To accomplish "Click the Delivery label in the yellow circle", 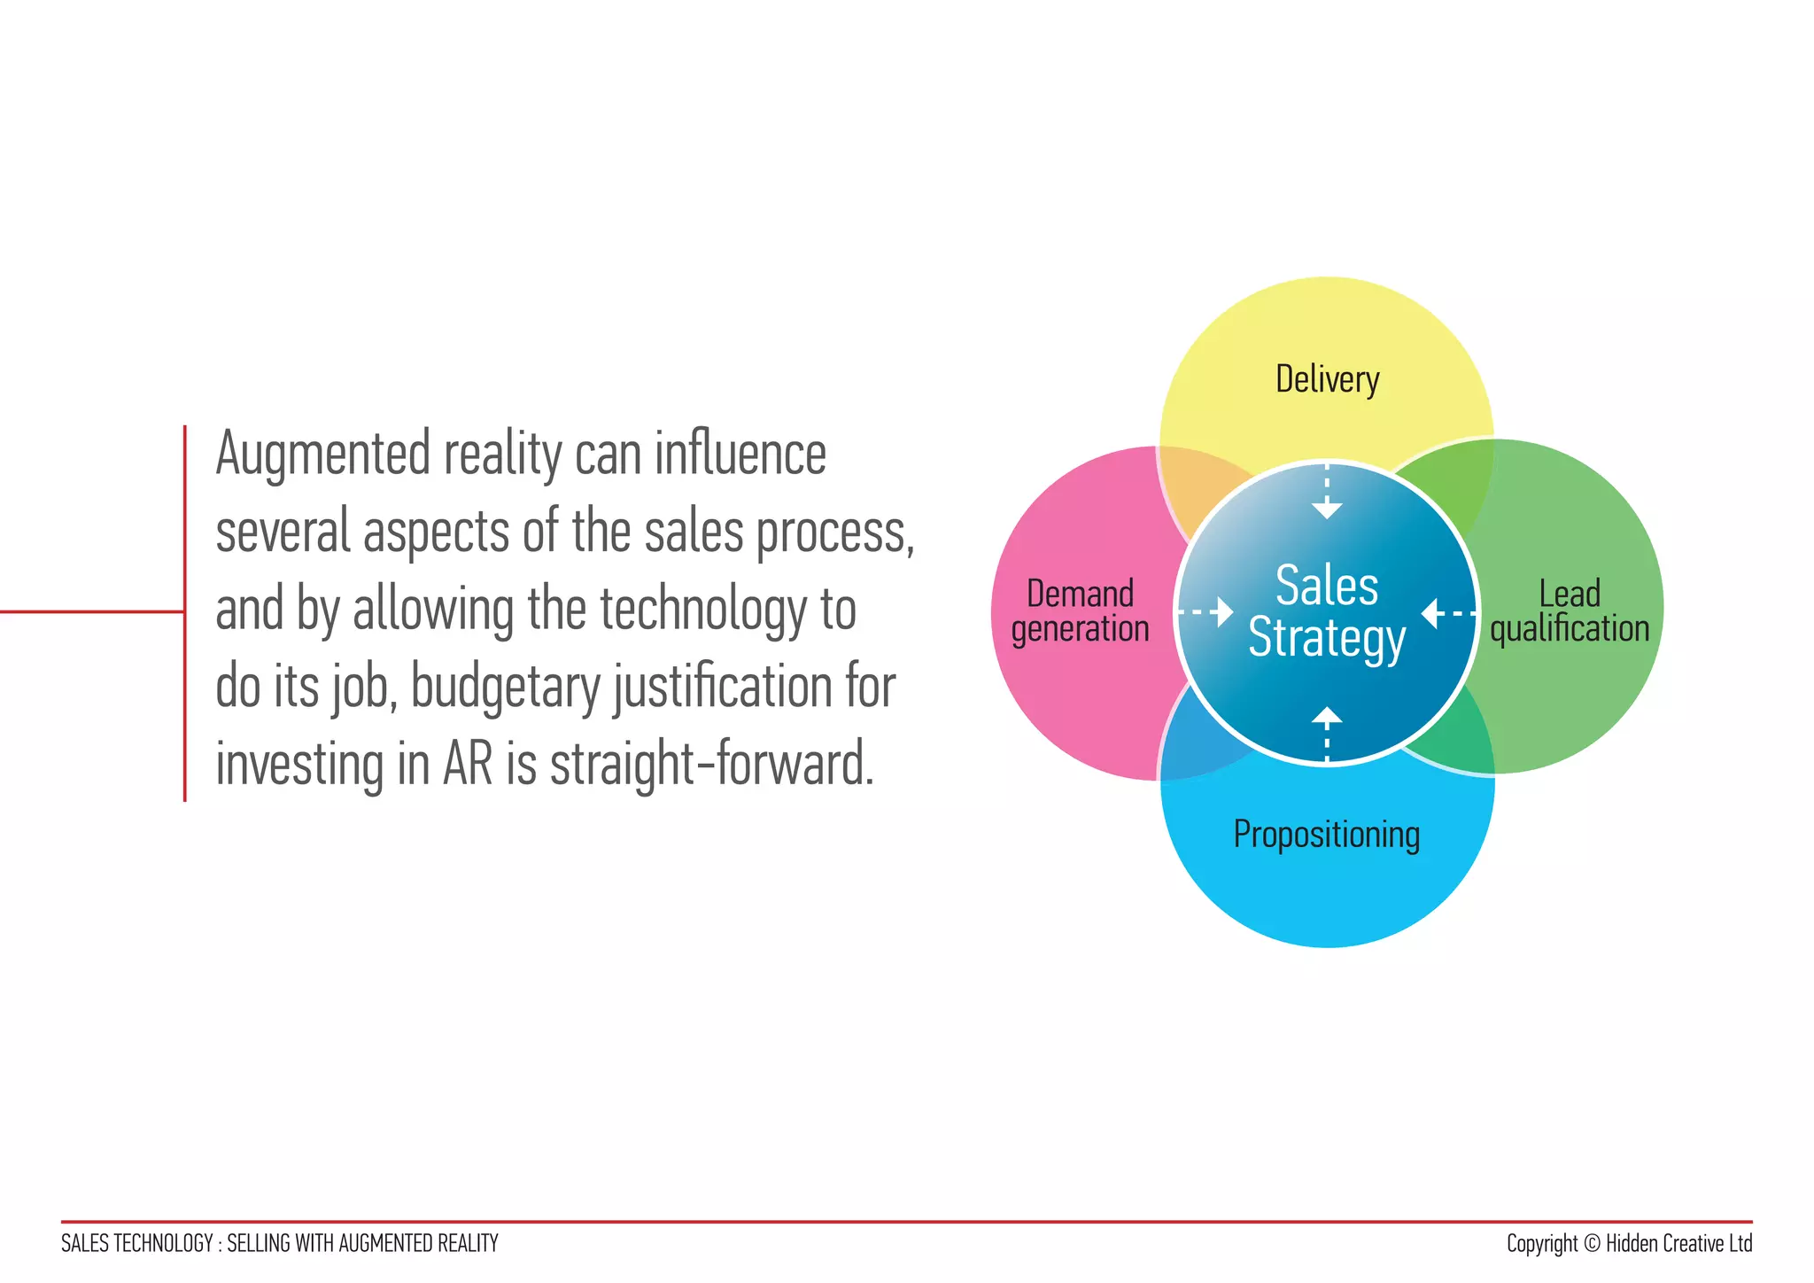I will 1327,380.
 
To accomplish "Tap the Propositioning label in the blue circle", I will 1326,835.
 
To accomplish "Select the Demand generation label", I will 1080,611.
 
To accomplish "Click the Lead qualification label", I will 1570,611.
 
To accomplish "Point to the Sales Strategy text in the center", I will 1326,612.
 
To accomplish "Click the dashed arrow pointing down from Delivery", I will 1326,493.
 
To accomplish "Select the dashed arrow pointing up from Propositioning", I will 1326,732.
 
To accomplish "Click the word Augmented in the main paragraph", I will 322,455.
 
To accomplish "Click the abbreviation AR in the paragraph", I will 467,765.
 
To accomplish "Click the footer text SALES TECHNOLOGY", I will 136,1244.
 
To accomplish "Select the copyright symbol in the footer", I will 1592,1244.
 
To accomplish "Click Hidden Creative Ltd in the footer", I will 1678,1244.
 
